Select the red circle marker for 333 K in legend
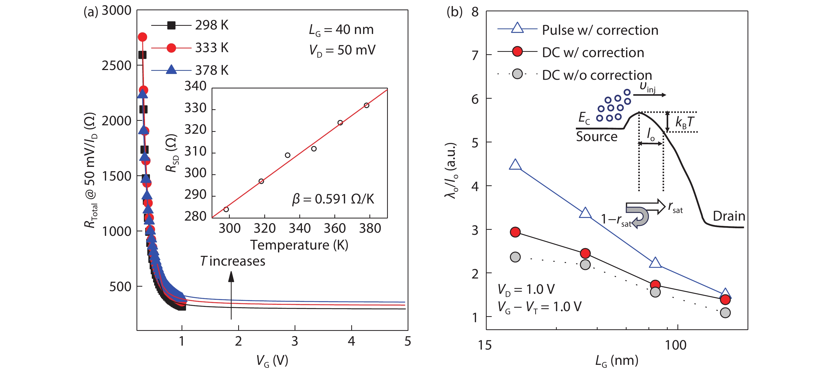click(x=171, y=48)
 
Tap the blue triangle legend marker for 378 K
click(x=171, y=69)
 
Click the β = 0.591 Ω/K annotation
click(x=333, y=199)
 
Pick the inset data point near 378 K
click(x=366, y=105)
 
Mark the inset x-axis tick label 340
click(x=299, y=228)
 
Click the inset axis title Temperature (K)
click(x=299, y=245)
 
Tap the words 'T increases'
click(x=233, y=261)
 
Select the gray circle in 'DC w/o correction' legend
click(x=517, y=74)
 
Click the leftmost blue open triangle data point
click(x=515, y=165)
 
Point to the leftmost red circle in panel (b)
click(x=515, y=232)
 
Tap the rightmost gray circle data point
click(x=725, y=312)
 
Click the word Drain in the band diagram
click(x=729, y=216)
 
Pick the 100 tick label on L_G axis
click(x=675, y=345)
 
